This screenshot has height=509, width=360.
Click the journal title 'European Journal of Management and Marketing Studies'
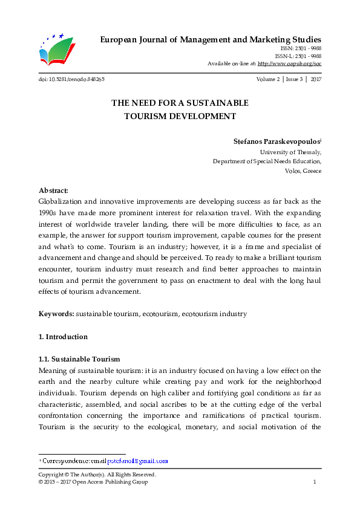(209, 40)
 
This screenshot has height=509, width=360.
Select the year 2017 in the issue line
(316, 80)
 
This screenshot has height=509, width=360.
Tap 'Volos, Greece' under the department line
(303, 171)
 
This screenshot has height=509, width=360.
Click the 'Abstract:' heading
(53, 190)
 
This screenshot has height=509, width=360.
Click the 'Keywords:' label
(56, 314)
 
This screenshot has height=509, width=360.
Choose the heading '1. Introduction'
(63, 337)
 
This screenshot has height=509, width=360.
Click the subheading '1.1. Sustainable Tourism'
(79, 359)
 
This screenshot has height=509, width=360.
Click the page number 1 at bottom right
(315, 482)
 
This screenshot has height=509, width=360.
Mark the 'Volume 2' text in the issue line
(268, 80)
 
